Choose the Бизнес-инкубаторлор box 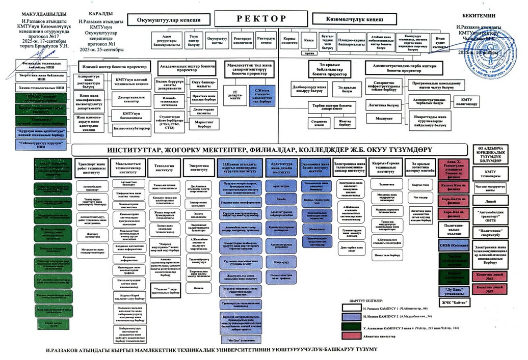click(x=132, y=128)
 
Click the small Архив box click(x=308, y=52)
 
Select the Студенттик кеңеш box click(x=319, y=123)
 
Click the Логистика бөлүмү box click(x=383, y=105)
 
